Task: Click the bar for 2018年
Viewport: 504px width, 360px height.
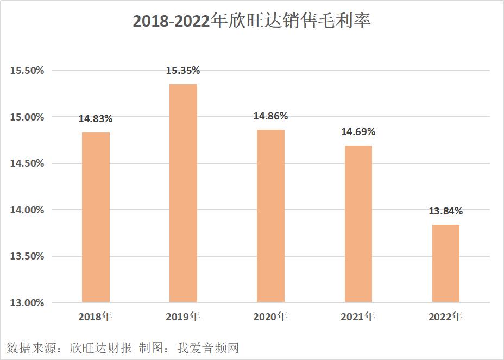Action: click(96, 217)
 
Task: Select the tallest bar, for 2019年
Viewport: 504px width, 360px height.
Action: click(183, 193)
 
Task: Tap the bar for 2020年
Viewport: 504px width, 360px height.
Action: click(270, 216)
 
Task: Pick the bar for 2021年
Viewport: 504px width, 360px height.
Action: click(358, 224)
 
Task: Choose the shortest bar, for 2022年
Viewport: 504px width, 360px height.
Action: click(446, 263)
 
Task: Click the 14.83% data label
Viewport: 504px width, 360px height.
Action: click(96, 119)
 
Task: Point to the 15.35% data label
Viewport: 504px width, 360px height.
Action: click(183, 71)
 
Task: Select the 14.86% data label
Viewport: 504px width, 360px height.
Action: click(270, 116)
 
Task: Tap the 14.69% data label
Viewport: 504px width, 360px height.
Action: click(358, 132)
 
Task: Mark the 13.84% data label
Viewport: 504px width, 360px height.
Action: click(446, 211)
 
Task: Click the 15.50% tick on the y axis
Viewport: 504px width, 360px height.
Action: click(26, 71)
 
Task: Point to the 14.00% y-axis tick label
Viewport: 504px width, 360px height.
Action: click(26, 210)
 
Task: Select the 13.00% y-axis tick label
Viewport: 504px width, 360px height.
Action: click(26, 302)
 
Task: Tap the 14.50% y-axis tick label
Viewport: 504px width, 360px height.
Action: click(26, 163)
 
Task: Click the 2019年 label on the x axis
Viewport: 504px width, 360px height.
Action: click(183, 317)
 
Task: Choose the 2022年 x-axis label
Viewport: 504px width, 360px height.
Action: click(446, 317)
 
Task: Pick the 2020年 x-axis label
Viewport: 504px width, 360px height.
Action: click(270, 317)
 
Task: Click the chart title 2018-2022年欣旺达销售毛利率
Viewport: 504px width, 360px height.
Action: click(251, 21)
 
